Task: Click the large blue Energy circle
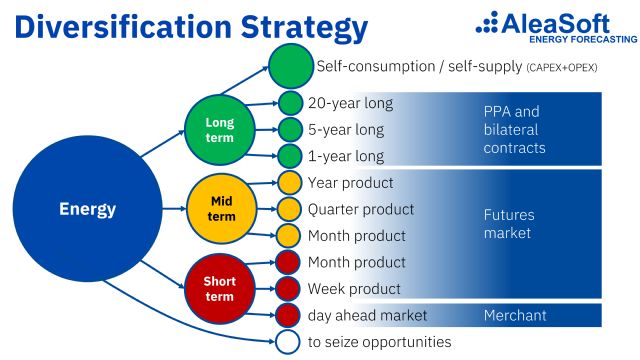coord(88,210)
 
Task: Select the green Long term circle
coord(220,129)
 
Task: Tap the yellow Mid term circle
coord(219,209)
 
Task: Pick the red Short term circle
coord(219,289)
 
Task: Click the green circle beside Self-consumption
coord(290,67)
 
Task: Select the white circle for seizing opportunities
coord(289,342)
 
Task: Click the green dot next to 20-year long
coord(290,103)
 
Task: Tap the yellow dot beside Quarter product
coord(289,209)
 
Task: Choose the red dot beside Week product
coord(289,289)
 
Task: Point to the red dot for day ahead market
coord(289,315)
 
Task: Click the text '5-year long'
coord(345,130)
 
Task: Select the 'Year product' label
coord(350,183)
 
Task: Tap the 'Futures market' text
coord(508,223)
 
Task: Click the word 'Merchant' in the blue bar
coord(514,315)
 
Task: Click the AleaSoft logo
coord(556,25)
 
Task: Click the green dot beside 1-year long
coord(290,156)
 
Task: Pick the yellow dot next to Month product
coord(289,236)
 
